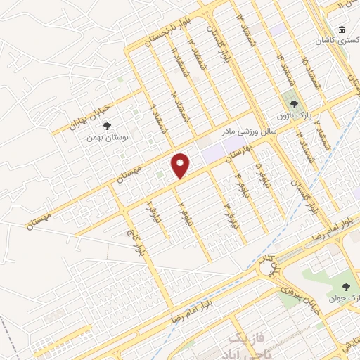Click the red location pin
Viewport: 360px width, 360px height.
[x=181, y=165]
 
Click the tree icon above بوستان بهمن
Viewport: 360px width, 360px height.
[x=106, y=127]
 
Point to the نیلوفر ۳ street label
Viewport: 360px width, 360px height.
[x=227, y=214]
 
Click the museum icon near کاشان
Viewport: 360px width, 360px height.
[x=341, y=31]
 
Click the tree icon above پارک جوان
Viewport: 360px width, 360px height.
[x=345, y=286]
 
